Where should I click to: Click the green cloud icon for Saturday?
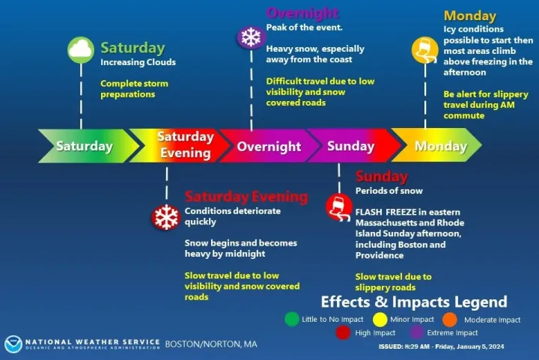(81, 50)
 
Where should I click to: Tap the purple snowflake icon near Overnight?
(251, 37)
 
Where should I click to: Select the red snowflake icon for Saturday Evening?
(166, 217)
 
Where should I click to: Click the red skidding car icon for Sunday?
(339, 207)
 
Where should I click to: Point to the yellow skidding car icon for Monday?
(425, 50)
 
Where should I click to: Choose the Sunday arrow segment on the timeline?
(353, 146)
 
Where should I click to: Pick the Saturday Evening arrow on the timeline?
(179, 146)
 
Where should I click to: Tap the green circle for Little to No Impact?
(292, 319)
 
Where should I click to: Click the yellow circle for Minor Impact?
(380, 320)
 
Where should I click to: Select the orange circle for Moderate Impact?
(450, 320)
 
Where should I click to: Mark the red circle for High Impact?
(343, 332)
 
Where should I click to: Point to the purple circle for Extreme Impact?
(417, 332)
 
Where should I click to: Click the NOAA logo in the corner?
(13, 344)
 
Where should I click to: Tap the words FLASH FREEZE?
(378, 212)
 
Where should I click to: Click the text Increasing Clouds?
(138, 62)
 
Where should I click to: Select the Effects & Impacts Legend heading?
(414, 302)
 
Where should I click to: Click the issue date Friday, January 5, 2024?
(469, 347)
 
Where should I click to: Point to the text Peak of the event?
(304, 28)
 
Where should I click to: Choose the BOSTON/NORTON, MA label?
(211, 344)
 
